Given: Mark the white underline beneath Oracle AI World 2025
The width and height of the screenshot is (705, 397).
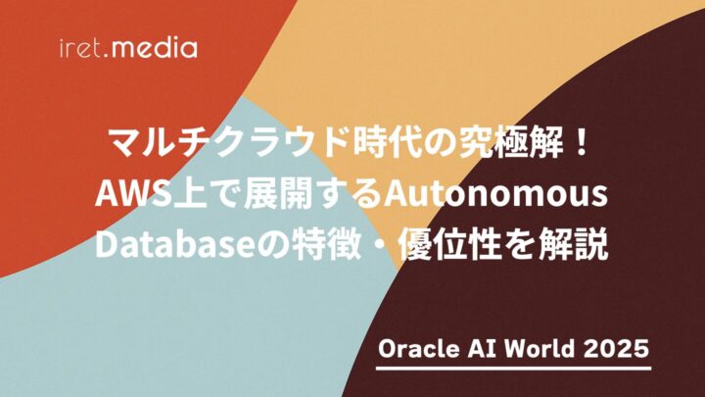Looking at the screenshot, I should [x=514, y=369].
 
